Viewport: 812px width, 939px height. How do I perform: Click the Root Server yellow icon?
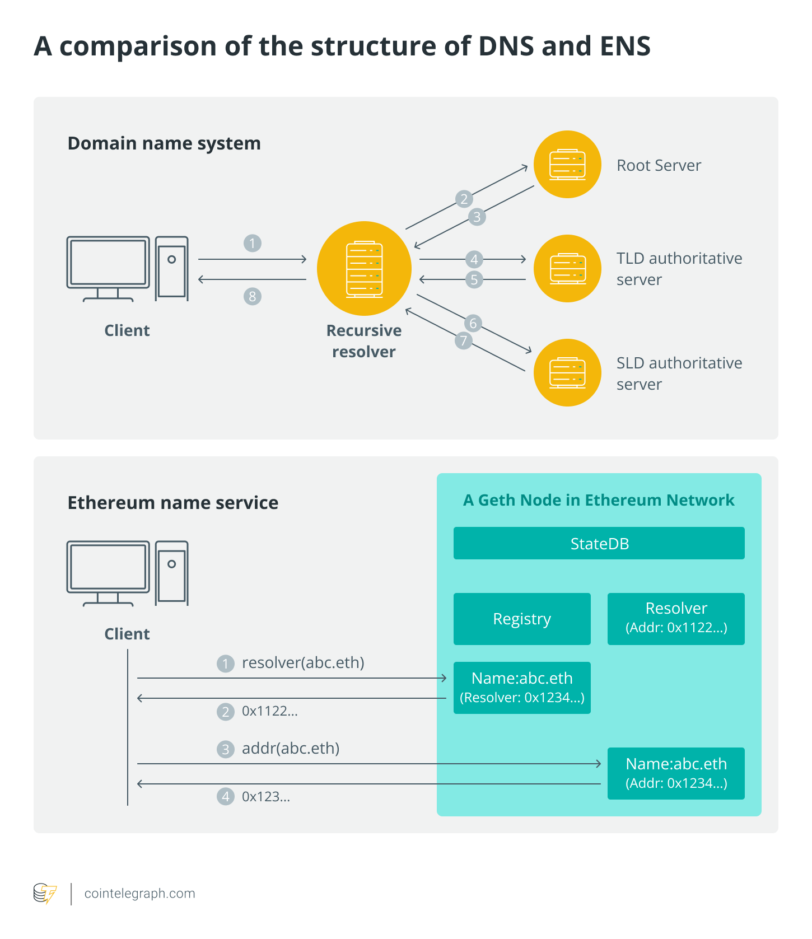[x=567, y=164]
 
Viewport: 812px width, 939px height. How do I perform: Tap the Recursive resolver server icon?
[x=364, y=268]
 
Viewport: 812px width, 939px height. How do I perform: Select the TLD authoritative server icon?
[x=567, y=268]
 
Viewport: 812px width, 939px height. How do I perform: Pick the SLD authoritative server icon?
[x=567, y=372]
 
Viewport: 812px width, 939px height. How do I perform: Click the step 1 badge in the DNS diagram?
[x=253, y=243]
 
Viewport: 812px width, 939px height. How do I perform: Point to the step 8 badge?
[x=253, y=296]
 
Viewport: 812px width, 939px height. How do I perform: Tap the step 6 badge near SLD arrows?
[x=473, y=323]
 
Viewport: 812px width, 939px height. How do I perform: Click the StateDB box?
[x=599, y=543]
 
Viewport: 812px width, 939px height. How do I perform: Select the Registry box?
[x=522, y=619]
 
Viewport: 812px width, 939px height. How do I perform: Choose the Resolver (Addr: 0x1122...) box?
[x=676, y=619]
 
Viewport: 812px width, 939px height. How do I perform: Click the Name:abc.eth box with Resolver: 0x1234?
[x=522, y=688]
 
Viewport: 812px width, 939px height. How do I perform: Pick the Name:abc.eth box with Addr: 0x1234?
[x=676, y=773]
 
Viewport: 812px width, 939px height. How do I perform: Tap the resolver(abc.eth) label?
[x=303, y=663]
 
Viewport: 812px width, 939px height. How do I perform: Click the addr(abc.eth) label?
[x=291, y=749]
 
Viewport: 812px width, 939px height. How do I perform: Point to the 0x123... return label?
[x=266, y=797]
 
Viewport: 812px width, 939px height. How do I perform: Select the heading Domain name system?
[x=164, y=143]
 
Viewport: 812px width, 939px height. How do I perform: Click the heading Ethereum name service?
[x=172, y=503]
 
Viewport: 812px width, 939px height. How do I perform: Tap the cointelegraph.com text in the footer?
[x=139, y=894]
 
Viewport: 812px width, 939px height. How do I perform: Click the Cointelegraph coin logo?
[x=45, y=894]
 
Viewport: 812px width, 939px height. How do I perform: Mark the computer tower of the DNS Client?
[x=172, y=268]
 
